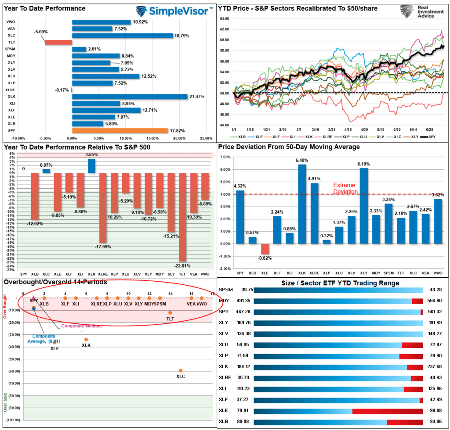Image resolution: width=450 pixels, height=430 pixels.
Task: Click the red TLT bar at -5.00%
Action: point(58,42)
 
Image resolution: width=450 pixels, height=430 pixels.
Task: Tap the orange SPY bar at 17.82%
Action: point(120,130)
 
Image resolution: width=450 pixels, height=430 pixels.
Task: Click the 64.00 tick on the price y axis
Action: point(224,18)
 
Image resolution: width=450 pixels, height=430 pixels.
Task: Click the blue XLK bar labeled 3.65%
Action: point(91,165)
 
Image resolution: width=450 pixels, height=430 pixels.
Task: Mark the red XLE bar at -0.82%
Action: point(265,249)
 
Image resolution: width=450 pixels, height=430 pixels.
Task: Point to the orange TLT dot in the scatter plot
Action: point(170,313)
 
